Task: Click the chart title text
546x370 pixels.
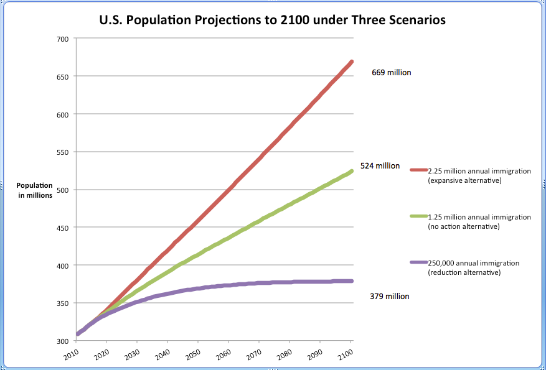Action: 273,20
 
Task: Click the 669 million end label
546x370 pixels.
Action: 391,73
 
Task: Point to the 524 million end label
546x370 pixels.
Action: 380,166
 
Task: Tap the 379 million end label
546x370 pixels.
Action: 390,297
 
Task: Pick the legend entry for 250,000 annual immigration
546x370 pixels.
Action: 473,267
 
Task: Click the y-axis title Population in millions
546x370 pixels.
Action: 34,191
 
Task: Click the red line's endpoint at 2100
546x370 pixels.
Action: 352,62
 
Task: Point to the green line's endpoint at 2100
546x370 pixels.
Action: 352,171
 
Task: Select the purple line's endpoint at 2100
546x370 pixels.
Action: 352,281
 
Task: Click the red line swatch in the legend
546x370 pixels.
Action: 418,170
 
